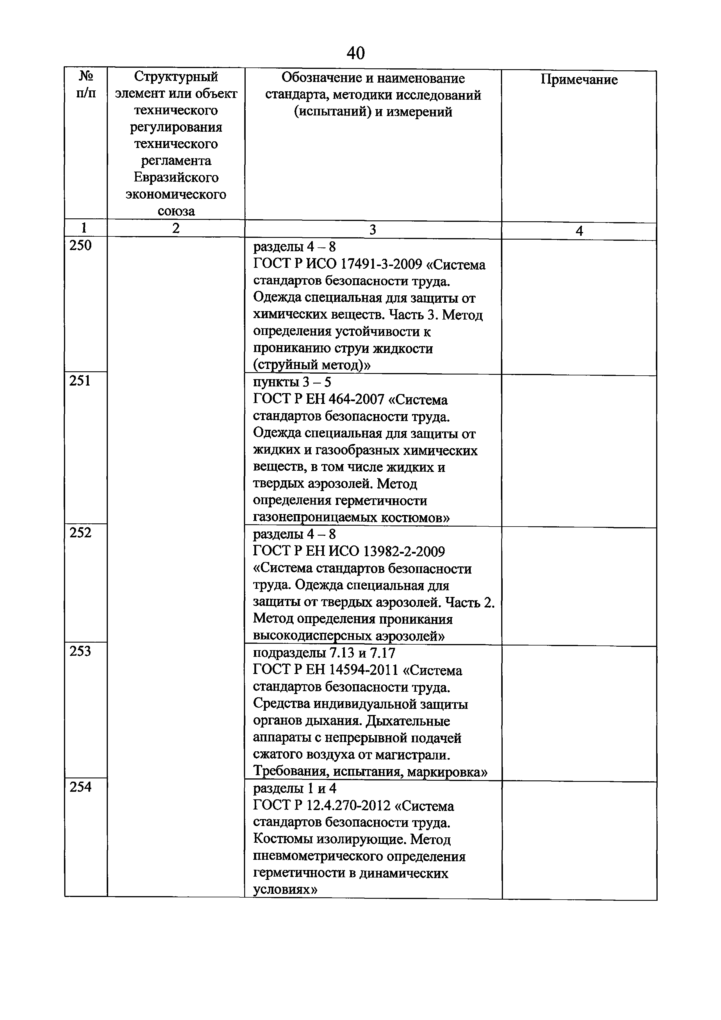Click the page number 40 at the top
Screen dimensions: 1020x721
click(x=355, y=53)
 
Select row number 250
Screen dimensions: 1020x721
click(x=81, y=246)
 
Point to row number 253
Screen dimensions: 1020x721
click(x=81, y=651)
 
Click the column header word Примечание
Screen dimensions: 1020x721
click(x=579, y=80)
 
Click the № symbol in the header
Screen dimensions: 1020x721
click(x=86, y=76)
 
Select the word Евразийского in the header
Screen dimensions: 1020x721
click(x=176, y=178)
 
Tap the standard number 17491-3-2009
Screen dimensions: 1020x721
click(x=381, y=265)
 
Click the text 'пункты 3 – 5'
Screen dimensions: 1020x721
click(x=292, y=382)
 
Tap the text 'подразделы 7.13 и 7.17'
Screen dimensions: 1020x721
click(x=324, y=653)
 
